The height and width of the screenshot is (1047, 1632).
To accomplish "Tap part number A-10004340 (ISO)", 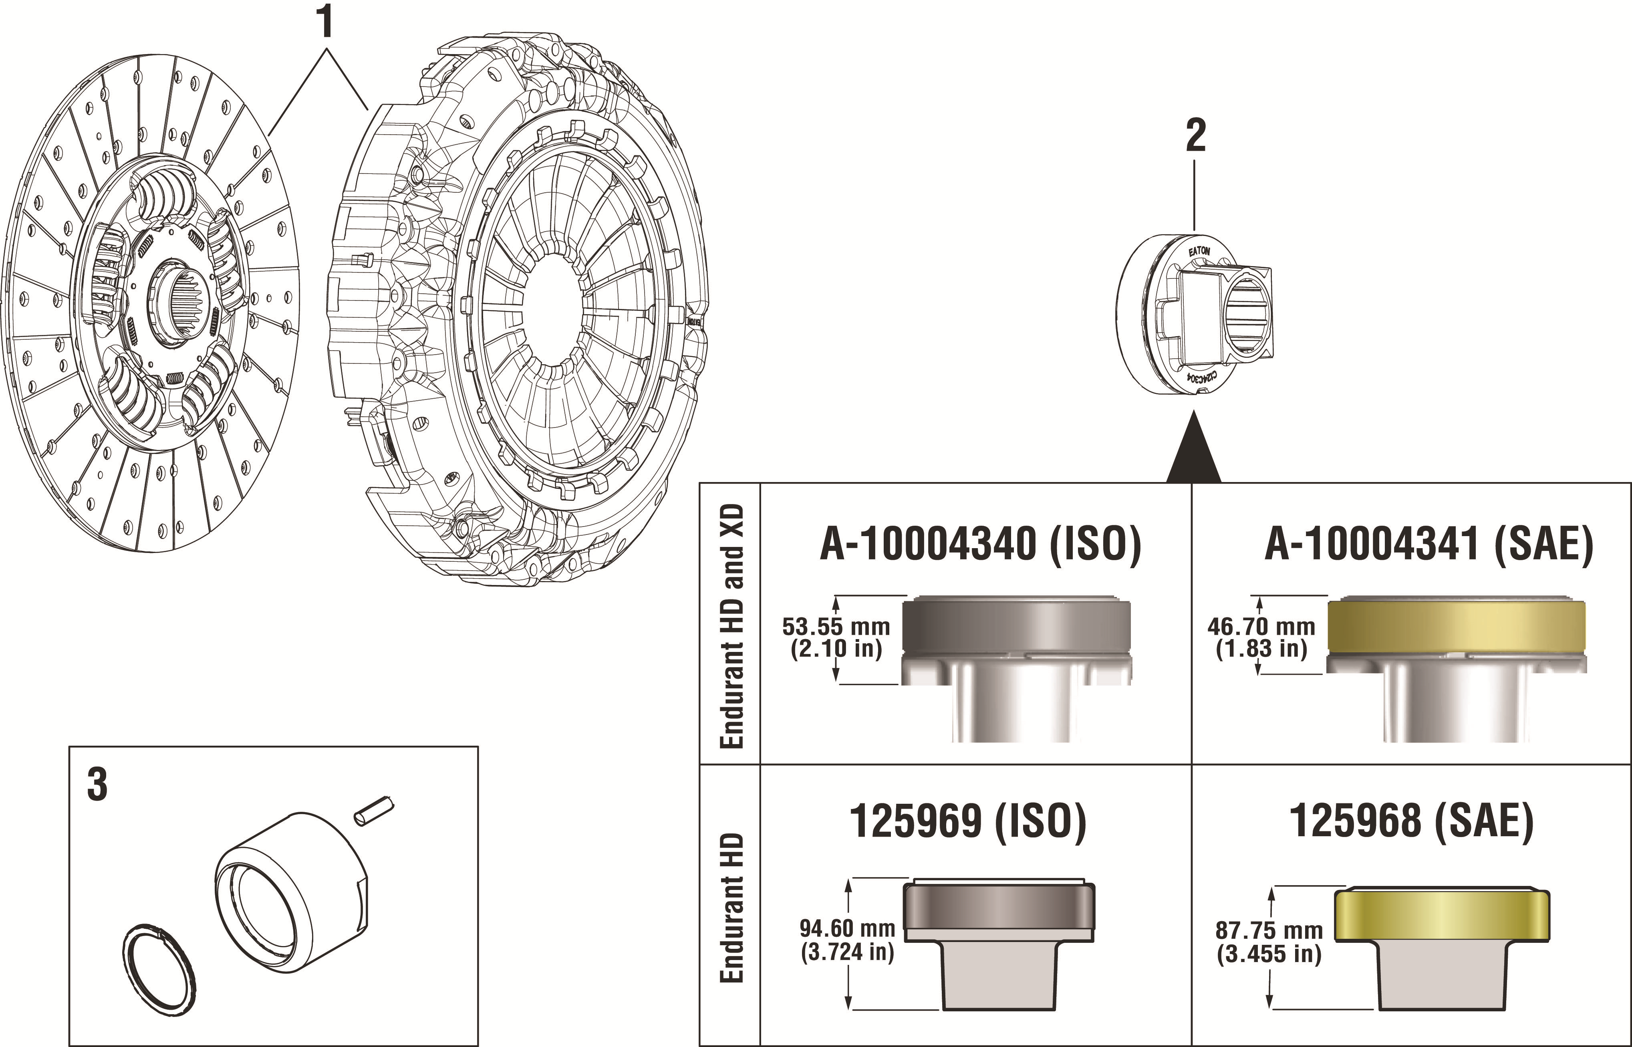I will click(980, 545).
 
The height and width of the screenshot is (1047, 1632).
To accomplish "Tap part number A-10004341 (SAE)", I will click(1428, 545).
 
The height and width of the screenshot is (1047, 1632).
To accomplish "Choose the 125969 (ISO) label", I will click(968, 821).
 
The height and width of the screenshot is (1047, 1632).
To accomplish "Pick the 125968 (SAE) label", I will click(1411, 821).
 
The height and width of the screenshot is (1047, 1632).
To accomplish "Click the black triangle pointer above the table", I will click(1194, 456).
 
